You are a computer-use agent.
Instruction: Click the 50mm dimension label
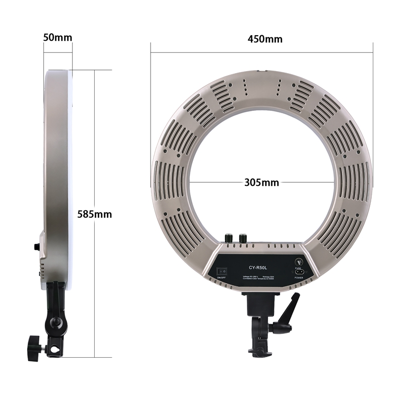tap(57, 37)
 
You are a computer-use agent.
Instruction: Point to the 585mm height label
tap(95, 214)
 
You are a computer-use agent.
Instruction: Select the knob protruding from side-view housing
tap(37, 247)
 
